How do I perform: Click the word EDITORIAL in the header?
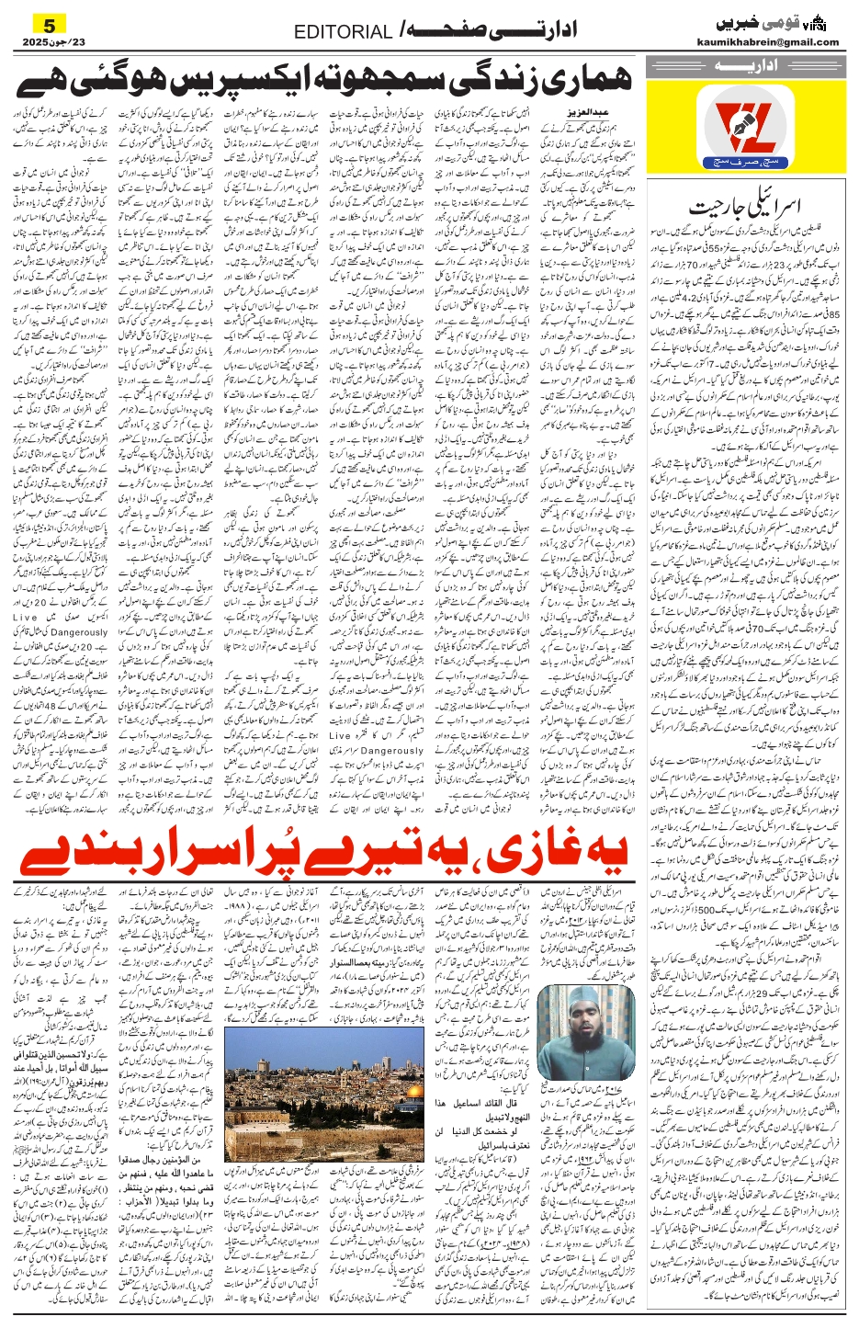[x=343, y=32]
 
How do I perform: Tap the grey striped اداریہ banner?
[x=741, y=66]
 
